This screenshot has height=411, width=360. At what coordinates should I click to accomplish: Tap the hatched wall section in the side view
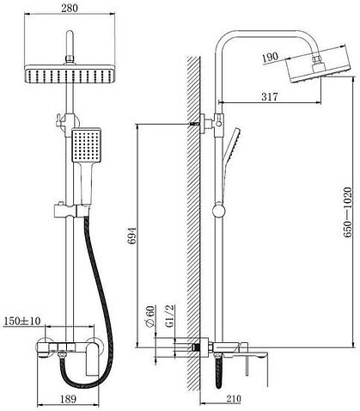tap(194, 215)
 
